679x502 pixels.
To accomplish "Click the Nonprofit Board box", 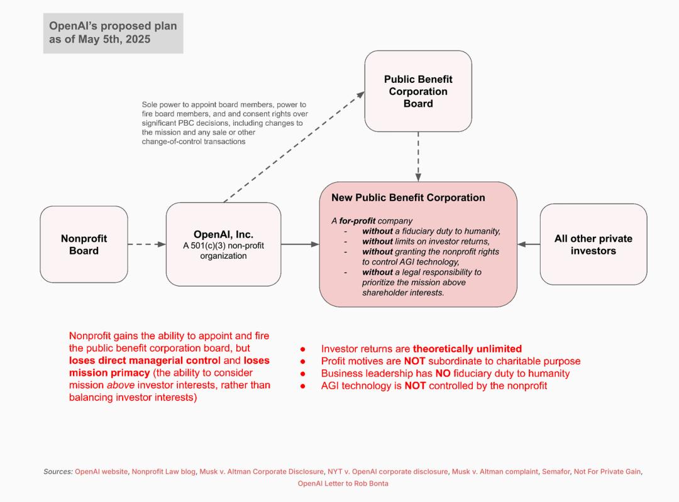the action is coord(84,244).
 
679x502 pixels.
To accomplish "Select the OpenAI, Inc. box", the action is coord(223,244).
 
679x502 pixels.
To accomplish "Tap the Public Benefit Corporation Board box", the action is coord(418,91).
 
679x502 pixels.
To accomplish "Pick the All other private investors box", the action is coord(593,244).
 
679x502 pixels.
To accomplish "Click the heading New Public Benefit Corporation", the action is coord(409,198).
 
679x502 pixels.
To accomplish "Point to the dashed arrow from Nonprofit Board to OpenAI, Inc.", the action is coord(146,244).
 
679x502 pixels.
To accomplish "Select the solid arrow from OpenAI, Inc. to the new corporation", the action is coord(300,244).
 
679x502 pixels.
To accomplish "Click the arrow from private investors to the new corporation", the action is coord(529,244).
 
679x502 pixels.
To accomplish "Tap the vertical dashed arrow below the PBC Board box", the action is coord(418,156).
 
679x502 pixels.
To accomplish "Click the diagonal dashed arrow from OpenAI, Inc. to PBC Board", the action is coord(294,147).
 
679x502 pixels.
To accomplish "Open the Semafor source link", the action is coord(556,472).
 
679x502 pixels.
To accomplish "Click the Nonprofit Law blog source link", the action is coord(163,472).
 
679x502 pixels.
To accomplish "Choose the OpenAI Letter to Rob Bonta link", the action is coord(343,483).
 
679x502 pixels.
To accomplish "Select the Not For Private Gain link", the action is coord(607,472).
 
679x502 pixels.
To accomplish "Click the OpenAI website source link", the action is coord(101,472).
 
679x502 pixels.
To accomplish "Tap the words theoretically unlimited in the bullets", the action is coord(467,349).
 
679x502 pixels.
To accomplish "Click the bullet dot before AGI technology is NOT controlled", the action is coord(302,386).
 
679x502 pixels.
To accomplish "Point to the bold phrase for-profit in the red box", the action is coord(357,221).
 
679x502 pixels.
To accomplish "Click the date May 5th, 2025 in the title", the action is coord(114,40).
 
